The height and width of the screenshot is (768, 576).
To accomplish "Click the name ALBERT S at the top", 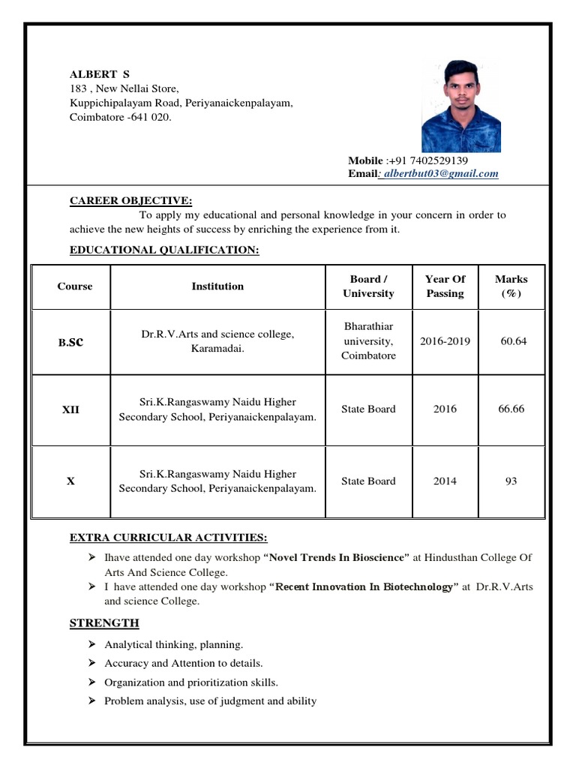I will pos(100,74).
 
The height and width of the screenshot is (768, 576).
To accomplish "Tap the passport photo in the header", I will pos(461,106).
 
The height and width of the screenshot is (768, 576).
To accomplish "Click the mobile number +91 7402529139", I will pos(427,160).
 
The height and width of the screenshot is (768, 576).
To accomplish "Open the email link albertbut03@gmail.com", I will pos(440,173).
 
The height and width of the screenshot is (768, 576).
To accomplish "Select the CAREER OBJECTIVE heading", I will pos(130,200).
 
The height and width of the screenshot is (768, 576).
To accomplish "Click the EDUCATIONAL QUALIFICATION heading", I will pos(164,250).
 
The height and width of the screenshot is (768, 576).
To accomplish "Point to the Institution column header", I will pos(217,286).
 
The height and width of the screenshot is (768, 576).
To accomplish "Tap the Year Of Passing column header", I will pos(445,286).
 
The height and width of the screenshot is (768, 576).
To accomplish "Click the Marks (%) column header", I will pos(511,286).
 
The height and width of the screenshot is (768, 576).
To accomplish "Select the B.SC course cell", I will pos(70,341).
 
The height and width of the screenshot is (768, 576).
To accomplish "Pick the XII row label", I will pos(70,409).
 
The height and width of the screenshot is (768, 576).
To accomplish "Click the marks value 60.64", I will pos(513,341).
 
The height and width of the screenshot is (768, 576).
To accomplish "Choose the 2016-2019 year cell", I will pos(445,341).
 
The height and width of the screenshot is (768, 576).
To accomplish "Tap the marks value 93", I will pos(511,481).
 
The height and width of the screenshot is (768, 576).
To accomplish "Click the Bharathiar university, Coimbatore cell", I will pos(368,341).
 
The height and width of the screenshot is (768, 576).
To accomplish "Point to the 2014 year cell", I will pos(445,481).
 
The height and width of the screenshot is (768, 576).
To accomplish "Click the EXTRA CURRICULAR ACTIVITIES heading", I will pos(168,538).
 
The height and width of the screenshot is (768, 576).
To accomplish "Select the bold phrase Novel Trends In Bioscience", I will pos(337,557).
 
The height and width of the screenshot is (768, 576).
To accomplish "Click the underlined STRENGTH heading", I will pos(104,623).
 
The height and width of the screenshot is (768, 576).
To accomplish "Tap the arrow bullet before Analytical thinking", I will pos(91,644).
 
